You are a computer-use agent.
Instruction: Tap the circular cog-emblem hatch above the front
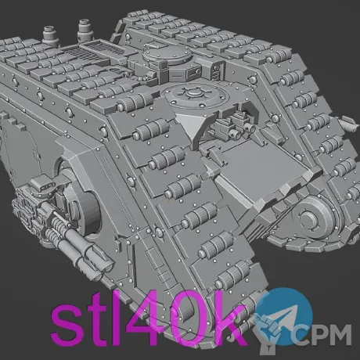(x=193, y=96)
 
